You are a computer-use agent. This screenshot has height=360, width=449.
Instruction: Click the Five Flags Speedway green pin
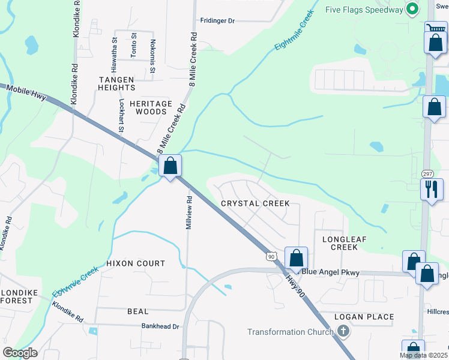tap(412, 10)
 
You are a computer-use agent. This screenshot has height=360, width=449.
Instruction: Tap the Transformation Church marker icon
tap(343, 331)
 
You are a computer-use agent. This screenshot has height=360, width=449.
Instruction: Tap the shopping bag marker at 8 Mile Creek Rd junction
tap(170, 166)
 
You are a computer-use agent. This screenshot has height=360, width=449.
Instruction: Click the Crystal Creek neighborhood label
tap(255, 203)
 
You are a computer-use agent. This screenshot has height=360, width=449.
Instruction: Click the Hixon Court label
tap(135, 263)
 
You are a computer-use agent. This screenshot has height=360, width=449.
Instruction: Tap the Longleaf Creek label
tap(344, 243)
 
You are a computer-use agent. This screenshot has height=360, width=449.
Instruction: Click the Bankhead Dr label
tap(160, 326)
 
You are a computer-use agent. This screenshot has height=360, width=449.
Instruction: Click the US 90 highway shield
tap(271, 256)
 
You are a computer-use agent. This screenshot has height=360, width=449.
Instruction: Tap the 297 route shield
tap(427, 173)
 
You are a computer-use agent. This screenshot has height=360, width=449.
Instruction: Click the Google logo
tap(20, 353)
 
